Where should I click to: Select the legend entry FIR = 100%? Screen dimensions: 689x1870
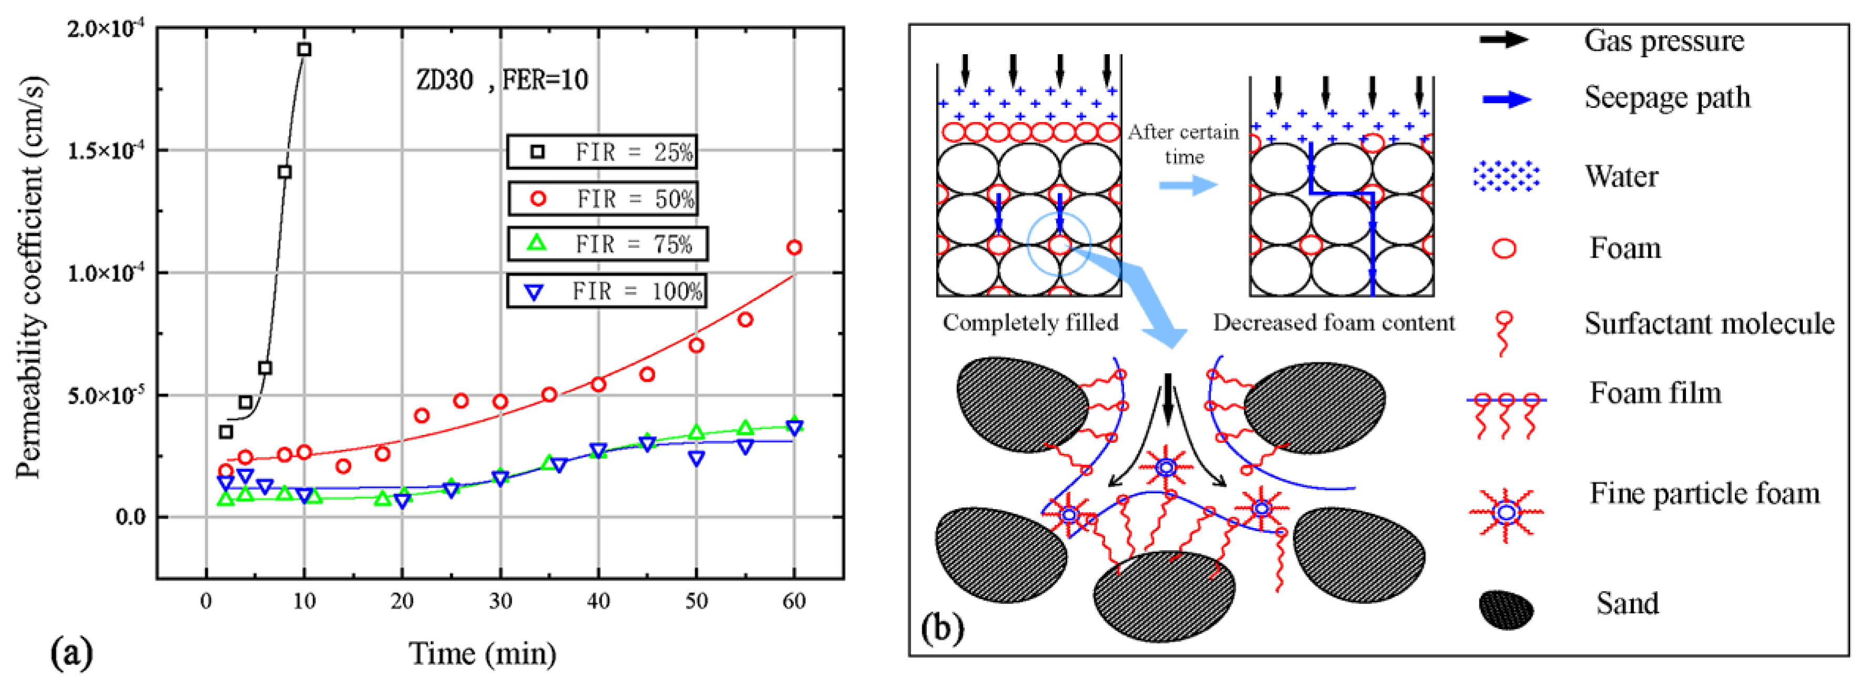tap(606, 291)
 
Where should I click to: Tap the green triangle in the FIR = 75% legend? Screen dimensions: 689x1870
tap(536, 242)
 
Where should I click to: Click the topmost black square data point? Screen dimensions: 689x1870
tap(304, 49)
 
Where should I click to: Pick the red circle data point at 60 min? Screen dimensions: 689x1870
tap(794, 248)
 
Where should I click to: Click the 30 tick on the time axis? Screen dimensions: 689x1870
tap(499, 601)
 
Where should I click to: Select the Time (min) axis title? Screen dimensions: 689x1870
tap(483, 653)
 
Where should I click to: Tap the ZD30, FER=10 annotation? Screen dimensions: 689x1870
tap(502, 79)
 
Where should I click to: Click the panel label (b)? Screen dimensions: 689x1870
tap(942, 628)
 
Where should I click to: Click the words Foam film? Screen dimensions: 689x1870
tap(1655, 393)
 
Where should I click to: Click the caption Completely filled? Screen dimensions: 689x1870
tap(1030, 322)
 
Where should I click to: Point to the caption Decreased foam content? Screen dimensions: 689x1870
tap(1334, 322)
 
